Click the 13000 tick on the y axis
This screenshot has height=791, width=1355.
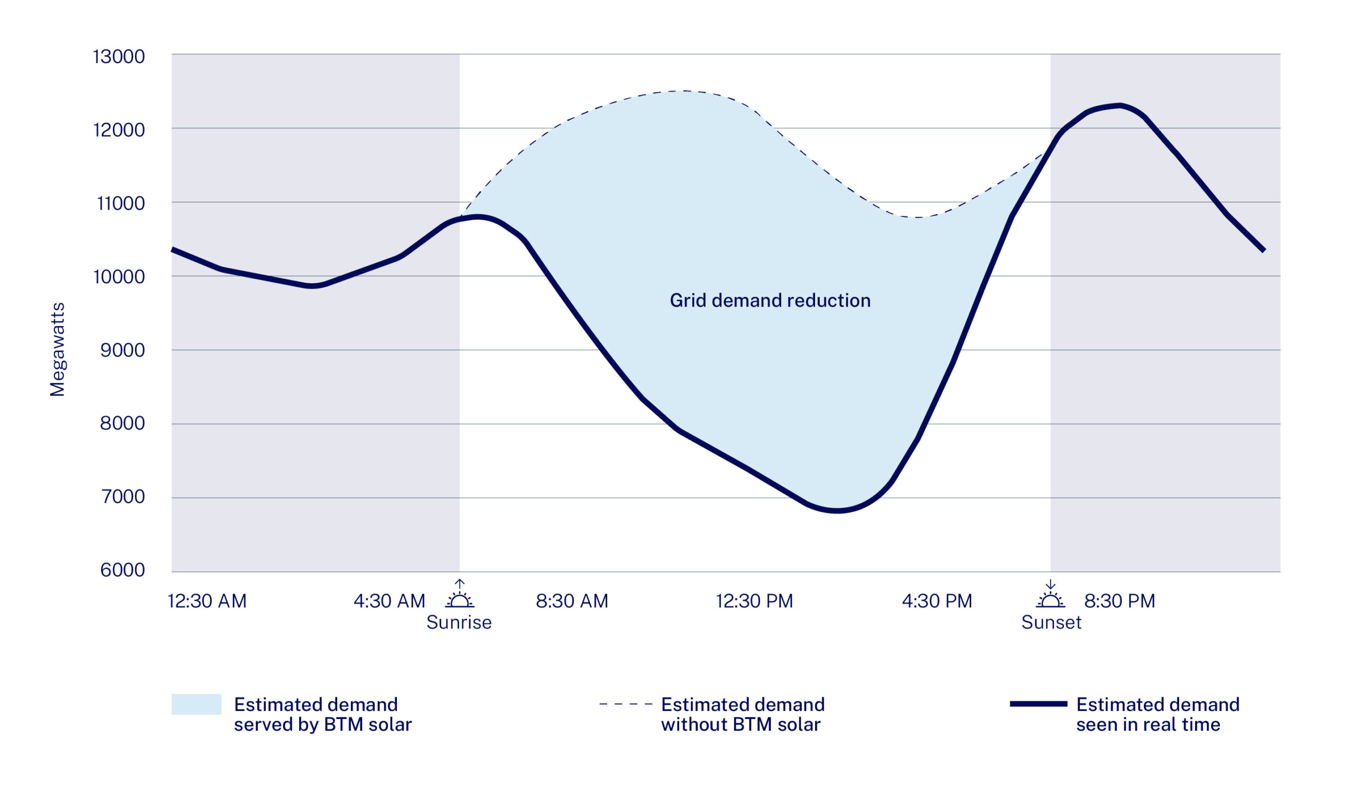(x=119, y=57)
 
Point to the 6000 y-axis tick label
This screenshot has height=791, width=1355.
(x=123, y=570)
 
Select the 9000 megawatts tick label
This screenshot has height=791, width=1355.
(x=123, y=350)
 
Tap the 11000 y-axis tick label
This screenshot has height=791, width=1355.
(x=121, y=203)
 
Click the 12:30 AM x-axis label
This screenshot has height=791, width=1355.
(x=207, y=601)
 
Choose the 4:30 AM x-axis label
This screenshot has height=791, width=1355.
(x=389, y=601)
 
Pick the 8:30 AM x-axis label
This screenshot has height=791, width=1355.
(x=572, y=601)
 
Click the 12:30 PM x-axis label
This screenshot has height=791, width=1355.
(x=754, y=601)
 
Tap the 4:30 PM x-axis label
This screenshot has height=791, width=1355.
(x=937, y=601)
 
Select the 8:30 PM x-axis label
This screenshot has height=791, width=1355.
(x=1119, y=601)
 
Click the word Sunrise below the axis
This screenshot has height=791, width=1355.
(x=459, y=622)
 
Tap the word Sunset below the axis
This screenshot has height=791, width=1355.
(x=1051, y=622)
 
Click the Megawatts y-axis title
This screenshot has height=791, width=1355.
(x=57, y=349)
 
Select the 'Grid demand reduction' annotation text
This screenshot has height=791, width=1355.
(x=770, y=300)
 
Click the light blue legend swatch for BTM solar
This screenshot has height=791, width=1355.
(x=196, y=704)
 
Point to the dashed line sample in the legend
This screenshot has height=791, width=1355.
(x=626, y=704)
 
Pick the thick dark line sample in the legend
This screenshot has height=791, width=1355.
(x=1038, y=704)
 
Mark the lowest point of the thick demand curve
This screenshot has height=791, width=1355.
(x=837, y=510)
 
